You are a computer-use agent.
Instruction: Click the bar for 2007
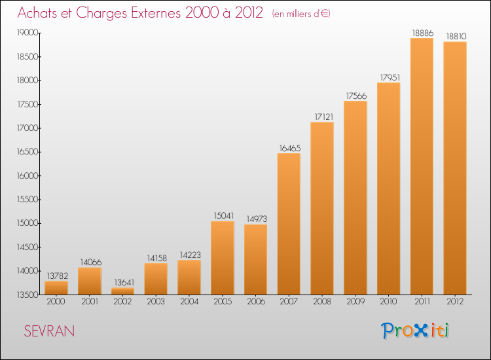point(289,224)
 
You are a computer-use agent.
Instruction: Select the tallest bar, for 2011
point(422,166)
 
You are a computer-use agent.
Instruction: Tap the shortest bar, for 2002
point(123,291)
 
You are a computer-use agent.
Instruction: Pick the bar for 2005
point(223,258)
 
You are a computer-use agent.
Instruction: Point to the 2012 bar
point(455,168)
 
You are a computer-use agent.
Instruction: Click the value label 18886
point(423,33)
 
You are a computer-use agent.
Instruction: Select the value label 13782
point(58,276)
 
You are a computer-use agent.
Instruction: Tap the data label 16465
point(290,148)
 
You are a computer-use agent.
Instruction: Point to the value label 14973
point(257,219)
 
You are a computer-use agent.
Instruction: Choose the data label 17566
point(356,96)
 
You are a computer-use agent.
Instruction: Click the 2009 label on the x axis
point(355,301)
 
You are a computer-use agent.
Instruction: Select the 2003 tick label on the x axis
point(156,301)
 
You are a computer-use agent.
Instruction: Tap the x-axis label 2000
point(56,301)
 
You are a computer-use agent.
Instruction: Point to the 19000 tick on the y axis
point(27,33)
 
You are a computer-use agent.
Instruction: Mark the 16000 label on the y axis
point(27,175)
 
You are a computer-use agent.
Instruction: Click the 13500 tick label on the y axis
point(27,295)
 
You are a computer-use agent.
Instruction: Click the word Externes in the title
point(156,12)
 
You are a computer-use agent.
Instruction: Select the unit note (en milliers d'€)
point(301,14)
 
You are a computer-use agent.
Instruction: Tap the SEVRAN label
point(49,331)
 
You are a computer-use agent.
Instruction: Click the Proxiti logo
point(415,331)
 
